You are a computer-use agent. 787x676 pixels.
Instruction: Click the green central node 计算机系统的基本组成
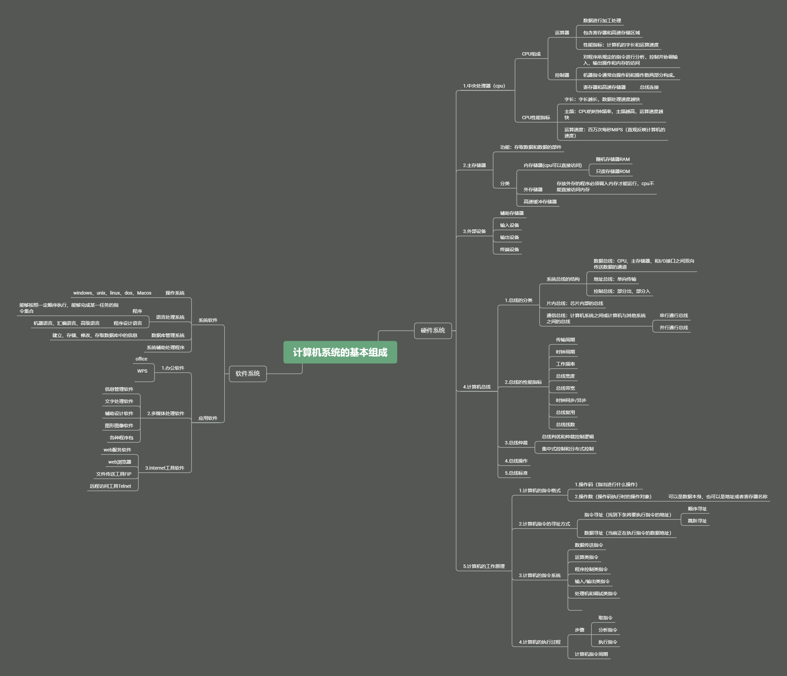(x=340, y=352)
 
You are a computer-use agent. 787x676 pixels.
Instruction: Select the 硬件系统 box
(x=433, y=330)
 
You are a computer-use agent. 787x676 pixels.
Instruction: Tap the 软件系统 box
(x=248, y=374)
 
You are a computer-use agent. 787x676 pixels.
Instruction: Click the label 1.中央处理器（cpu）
(x=484, y=86)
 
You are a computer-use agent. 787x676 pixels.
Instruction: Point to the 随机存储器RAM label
(x=613, y=160)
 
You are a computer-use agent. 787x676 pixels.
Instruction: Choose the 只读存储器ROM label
(x=613, y=172)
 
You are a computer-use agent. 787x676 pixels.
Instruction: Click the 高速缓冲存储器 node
(x=540, y=202)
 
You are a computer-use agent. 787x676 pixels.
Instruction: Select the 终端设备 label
(x=509, y=249)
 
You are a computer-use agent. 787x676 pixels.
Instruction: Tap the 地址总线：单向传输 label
(x=615, y=279)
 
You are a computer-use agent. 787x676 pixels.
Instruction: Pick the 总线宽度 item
(x=565, y=376)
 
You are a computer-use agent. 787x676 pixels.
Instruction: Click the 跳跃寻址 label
(x=697, y=521)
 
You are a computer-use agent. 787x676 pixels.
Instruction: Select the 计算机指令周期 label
(x=591, y=654)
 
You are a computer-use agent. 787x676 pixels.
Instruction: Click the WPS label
(x=142, y=371)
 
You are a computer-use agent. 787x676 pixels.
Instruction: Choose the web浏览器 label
(x=119, y=462)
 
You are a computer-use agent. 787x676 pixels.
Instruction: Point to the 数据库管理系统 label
(x=168, y=335)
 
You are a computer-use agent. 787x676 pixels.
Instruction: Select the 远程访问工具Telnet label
(x=110, y=486)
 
